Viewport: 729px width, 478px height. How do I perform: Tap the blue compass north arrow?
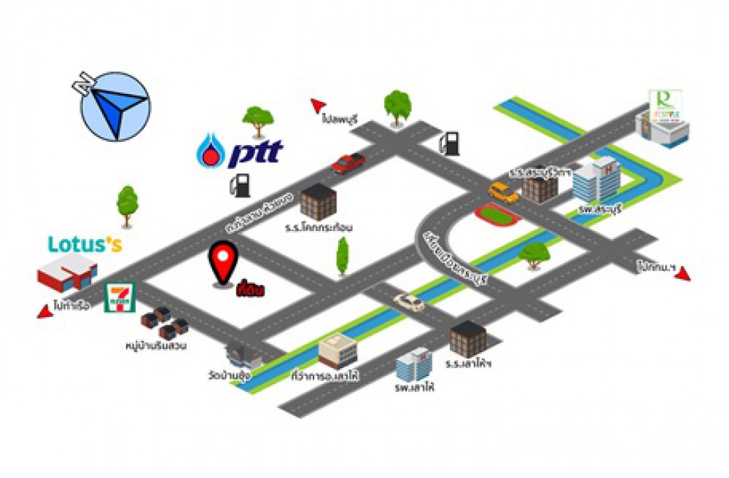point(114,106)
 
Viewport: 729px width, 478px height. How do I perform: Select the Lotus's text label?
point(85,244)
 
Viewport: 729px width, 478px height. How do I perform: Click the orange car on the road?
point(503,192)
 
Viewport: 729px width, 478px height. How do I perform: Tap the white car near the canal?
point(409,302)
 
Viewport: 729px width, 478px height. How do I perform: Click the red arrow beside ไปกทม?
point(683,274)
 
